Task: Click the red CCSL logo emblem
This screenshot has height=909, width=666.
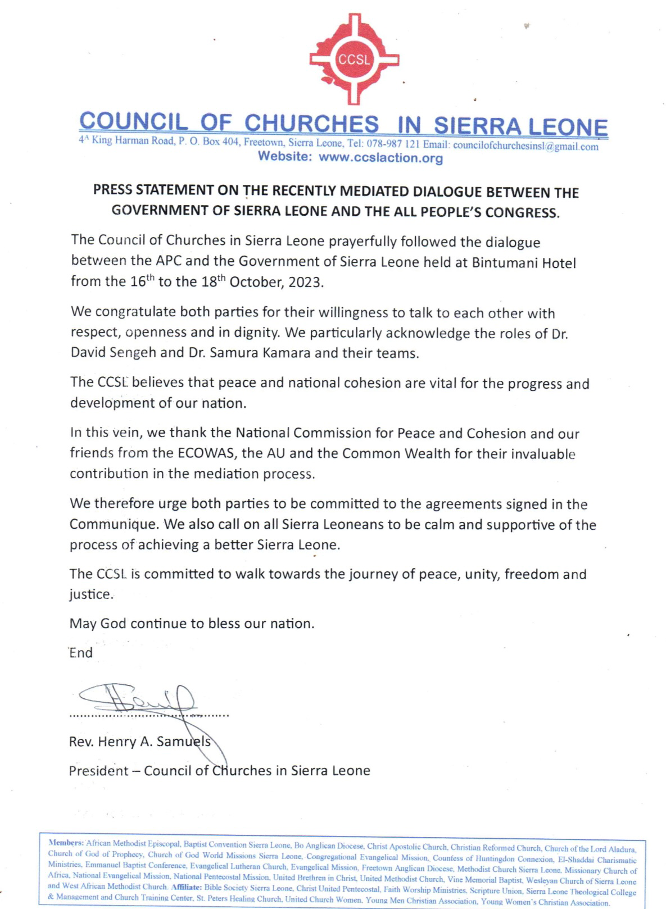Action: pyautogui.click(x=354, y=59)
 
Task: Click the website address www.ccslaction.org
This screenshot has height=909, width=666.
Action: pyautogui.click(x=380, y=158)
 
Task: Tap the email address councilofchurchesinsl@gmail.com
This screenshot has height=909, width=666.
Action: pyautogui.click(x=525, y=146)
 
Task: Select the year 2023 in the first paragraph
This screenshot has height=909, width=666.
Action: pyautogui.click(x=305, y=282)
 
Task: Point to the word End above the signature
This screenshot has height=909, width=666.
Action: pyautogui.click(x=81, y=653)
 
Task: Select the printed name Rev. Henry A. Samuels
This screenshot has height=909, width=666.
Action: pyautogui.click(x=139, y=742)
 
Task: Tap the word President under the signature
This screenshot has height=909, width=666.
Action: pyautogui.click(x=98, y=771)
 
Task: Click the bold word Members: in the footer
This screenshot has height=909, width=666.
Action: pyautogui.click(x=66, y=843)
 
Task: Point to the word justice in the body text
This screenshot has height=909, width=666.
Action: pyautogui.click(x=90, y=594)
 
